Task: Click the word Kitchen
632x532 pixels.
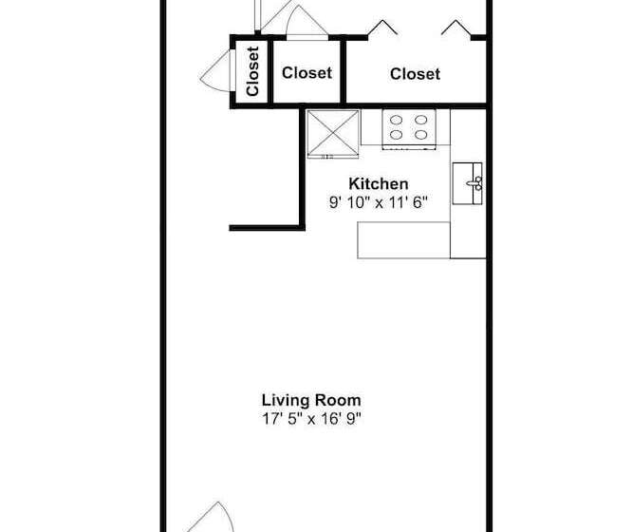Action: (x=379, y=183)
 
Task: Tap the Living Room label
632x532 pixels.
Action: (x=310, y=400)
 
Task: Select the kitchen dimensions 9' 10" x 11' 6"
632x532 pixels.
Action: (x=379, y=201)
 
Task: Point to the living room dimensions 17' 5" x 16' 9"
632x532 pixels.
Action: (x=310, y=418)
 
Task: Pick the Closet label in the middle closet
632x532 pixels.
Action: (x=307, y=72)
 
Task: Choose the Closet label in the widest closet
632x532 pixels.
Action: (x=415, y=73)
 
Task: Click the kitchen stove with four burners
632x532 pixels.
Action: (x=409, y=127)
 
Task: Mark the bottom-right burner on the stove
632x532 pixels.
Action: (x=420, y=135)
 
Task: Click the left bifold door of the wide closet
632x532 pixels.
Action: (x=382, y=28)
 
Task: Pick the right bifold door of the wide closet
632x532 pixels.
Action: (x=457, y=28)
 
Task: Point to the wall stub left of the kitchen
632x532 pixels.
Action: (x=266, y=227)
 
